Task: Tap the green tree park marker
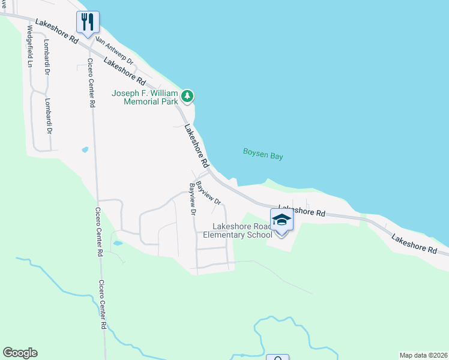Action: point(188,96)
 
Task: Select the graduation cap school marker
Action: point(281,220)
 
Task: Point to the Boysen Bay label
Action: point(263,153)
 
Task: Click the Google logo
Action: point(20,353)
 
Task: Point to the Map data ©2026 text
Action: point(423,355)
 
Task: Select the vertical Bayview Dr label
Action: point(193,199)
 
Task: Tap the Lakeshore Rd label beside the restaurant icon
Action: point(56,31)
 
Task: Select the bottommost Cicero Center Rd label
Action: point(103,304)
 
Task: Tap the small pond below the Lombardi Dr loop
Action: point(85,149)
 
